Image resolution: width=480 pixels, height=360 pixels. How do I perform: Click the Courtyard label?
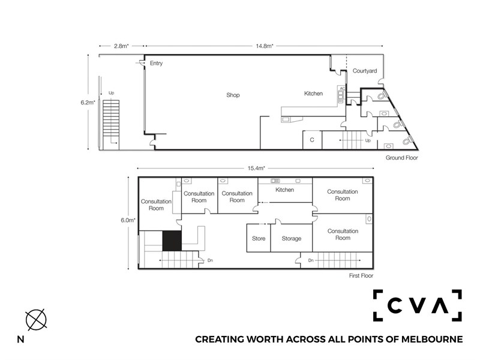point(365,71)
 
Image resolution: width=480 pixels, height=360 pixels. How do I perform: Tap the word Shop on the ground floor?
point(233,95)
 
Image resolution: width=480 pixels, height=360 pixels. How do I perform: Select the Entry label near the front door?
point(156,64)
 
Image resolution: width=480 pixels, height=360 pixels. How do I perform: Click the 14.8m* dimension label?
point(265,46)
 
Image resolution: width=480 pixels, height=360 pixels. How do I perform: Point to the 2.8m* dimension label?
point(122,46)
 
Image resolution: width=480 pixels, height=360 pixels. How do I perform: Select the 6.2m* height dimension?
point(88,103)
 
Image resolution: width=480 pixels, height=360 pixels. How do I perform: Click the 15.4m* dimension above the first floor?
point(256,168)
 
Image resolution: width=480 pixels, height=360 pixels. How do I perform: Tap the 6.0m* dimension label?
point(128,220)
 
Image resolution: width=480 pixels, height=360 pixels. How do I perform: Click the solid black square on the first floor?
point(172,241)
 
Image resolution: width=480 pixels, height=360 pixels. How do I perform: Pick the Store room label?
point(259,238)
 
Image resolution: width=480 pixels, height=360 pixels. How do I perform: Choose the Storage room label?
point(292,239)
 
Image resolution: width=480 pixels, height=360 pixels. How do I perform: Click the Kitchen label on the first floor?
point(284,190)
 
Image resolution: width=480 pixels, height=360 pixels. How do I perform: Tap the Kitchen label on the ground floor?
point(313,94)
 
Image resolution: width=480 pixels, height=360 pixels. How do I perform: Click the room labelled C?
point(312,140)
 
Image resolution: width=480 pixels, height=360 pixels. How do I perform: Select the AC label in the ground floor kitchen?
point(343,88)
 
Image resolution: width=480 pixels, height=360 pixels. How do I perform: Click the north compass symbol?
point(36,320)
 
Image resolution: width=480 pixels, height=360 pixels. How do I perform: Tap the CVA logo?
point(417,305)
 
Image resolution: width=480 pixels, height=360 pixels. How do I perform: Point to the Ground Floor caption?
point(401,158)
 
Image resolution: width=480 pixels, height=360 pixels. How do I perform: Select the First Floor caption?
point(361,275)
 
